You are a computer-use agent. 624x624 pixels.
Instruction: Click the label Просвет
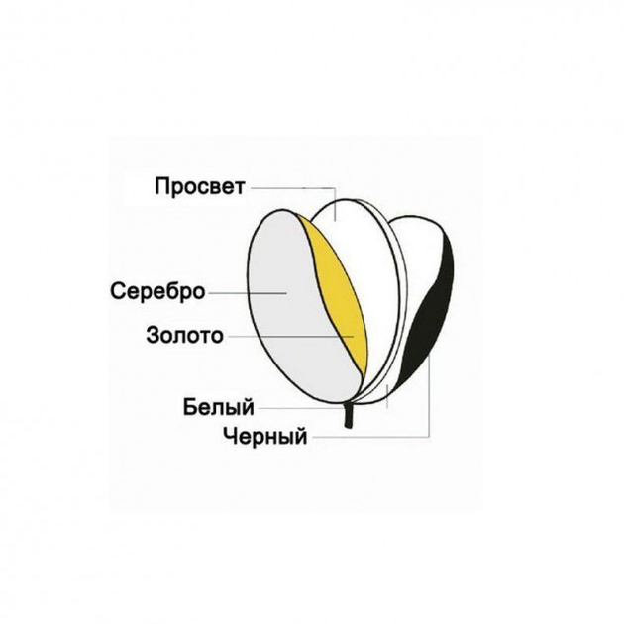(x=200, y=186)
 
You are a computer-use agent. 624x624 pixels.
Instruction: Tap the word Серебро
(x=157, y=291)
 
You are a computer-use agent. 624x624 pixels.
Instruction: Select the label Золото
(x=184, y=335)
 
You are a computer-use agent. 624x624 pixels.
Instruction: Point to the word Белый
(x=219, y=407)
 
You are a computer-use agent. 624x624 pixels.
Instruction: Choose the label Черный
(x=265, y=436)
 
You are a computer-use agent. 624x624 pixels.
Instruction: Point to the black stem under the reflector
(x=349, y=416)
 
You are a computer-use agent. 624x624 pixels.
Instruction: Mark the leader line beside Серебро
(x=248, y=293)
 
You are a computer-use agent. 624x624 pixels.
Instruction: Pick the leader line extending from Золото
(x=291, y=337)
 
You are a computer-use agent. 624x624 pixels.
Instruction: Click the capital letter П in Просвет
(x=162, y=186)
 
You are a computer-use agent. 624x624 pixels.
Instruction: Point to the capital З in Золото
(x=154, y=335)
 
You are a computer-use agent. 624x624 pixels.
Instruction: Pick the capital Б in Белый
(x=190, y=406)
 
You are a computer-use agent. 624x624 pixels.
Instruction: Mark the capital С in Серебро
(x=118, y=291)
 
